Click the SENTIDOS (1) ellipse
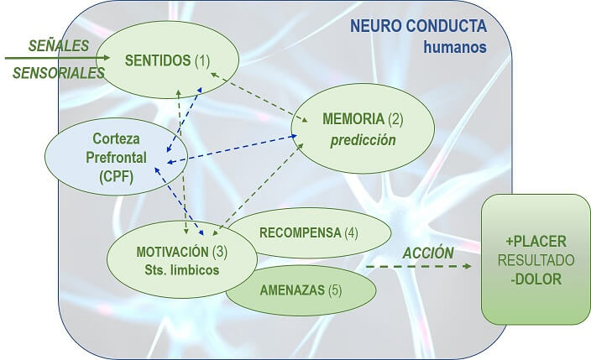pyautogui.click(x=167, y=60)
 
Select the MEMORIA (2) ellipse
pyautogui.click(x=363, y=128)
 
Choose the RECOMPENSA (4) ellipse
pyautogui.click(x=315, y=232)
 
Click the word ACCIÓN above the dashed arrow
pyautogui.click(x=428, y=253)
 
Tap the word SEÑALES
pyautogui.click(x=58, y=44)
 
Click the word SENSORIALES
pyautogui.click(x=58, y=74)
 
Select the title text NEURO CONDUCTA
pyautogui.click(x=419, y=26)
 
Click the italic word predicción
pyautogui.click(x=362, y=140)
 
